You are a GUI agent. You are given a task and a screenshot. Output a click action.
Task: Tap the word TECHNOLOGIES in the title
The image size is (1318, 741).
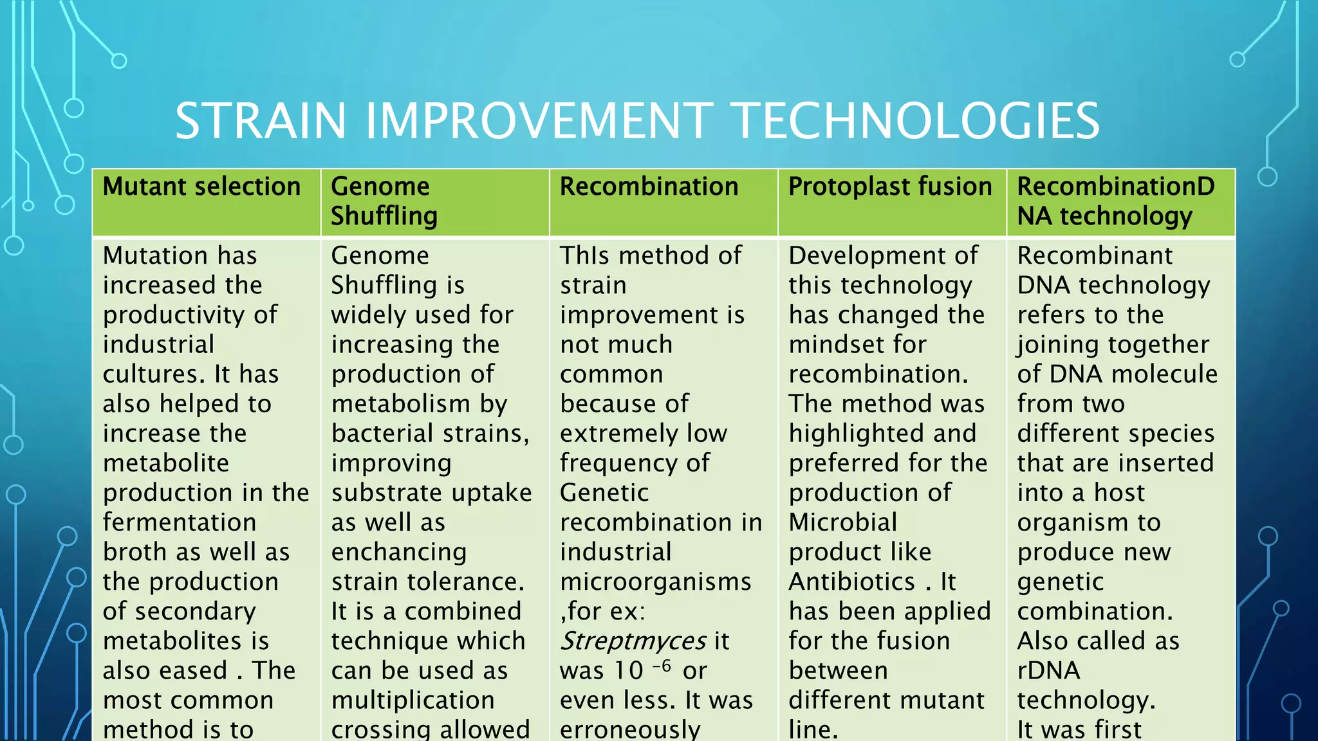point(916,121)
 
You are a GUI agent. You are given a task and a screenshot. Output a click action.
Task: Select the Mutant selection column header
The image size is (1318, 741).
point(201,187)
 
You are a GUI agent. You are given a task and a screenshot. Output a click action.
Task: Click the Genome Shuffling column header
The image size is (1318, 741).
point(384,201)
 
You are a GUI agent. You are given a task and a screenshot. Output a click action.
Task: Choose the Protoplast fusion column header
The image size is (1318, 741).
point(890,187)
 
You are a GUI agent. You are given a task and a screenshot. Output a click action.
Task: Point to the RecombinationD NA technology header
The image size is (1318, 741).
point(1115,201)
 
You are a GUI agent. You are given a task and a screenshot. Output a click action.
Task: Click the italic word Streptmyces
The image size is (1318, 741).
point(633,641)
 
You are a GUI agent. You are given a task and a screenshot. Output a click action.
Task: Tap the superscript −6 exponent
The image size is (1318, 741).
point(662,665)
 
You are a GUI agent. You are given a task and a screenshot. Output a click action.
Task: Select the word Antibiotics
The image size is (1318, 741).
point(852,581)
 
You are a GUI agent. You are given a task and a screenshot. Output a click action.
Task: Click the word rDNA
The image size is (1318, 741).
point(1048,670)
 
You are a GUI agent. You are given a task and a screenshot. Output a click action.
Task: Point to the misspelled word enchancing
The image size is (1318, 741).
point(399,552)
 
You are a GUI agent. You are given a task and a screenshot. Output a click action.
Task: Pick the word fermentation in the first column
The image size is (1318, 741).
point(180,522)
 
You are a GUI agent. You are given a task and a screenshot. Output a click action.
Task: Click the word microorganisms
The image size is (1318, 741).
point(655,581)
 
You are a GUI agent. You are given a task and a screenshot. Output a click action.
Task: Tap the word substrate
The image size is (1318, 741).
point(383,493)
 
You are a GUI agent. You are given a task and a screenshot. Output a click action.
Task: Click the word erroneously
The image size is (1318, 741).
point(629,729)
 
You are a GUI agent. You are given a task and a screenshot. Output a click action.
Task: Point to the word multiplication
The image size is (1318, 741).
point(413,700)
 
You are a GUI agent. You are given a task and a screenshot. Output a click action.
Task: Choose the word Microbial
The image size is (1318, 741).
point(842,522)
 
